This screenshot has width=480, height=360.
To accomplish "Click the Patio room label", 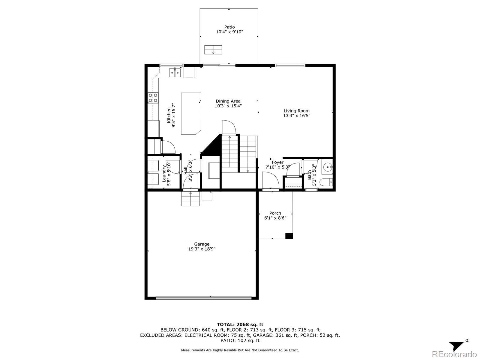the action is point(229,27).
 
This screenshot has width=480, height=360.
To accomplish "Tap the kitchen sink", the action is point(175,73).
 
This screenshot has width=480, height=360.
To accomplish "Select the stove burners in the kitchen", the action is point(153,98).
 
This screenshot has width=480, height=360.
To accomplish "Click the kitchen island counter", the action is point(191,113).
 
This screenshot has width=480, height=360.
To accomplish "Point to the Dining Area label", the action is point(228,101).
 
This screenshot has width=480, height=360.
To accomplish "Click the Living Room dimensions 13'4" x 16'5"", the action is point(297,115).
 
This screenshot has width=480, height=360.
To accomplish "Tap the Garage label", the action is point(202,244).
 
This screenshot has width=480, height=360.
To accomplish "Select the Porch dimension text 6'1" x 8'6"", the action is point(275,218).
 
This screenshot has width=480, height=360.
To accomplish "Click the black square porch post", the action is point(289,236).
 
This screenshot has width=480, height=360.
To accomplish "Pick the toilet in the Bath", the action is point(326,182).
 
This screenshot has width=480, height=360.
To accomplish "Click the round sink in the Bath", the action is point(328,167).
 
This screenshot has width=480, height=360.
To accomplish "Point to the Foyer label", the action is point(277,162).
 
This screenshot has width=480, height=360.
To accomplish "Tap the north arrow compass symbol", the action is point(458,346).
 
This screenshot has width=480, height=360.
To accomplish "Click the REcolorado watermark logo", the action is point(454,354).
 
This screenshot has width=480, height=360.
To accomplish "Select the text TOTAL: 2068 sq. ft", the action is point(240,325).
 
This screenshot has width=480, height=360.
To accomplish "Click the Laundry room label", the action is point(164,174).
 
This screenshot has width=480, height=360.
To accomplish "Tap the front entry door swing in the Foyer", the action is point(271,180).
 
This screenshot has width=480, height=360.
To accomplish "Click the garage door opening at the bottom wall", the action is point(204,298).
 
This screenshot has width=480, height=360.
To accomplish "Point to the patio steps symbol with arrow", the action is point(213,50).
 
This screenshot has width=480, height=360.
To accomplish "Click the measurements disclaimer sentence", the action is point(240,350).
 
